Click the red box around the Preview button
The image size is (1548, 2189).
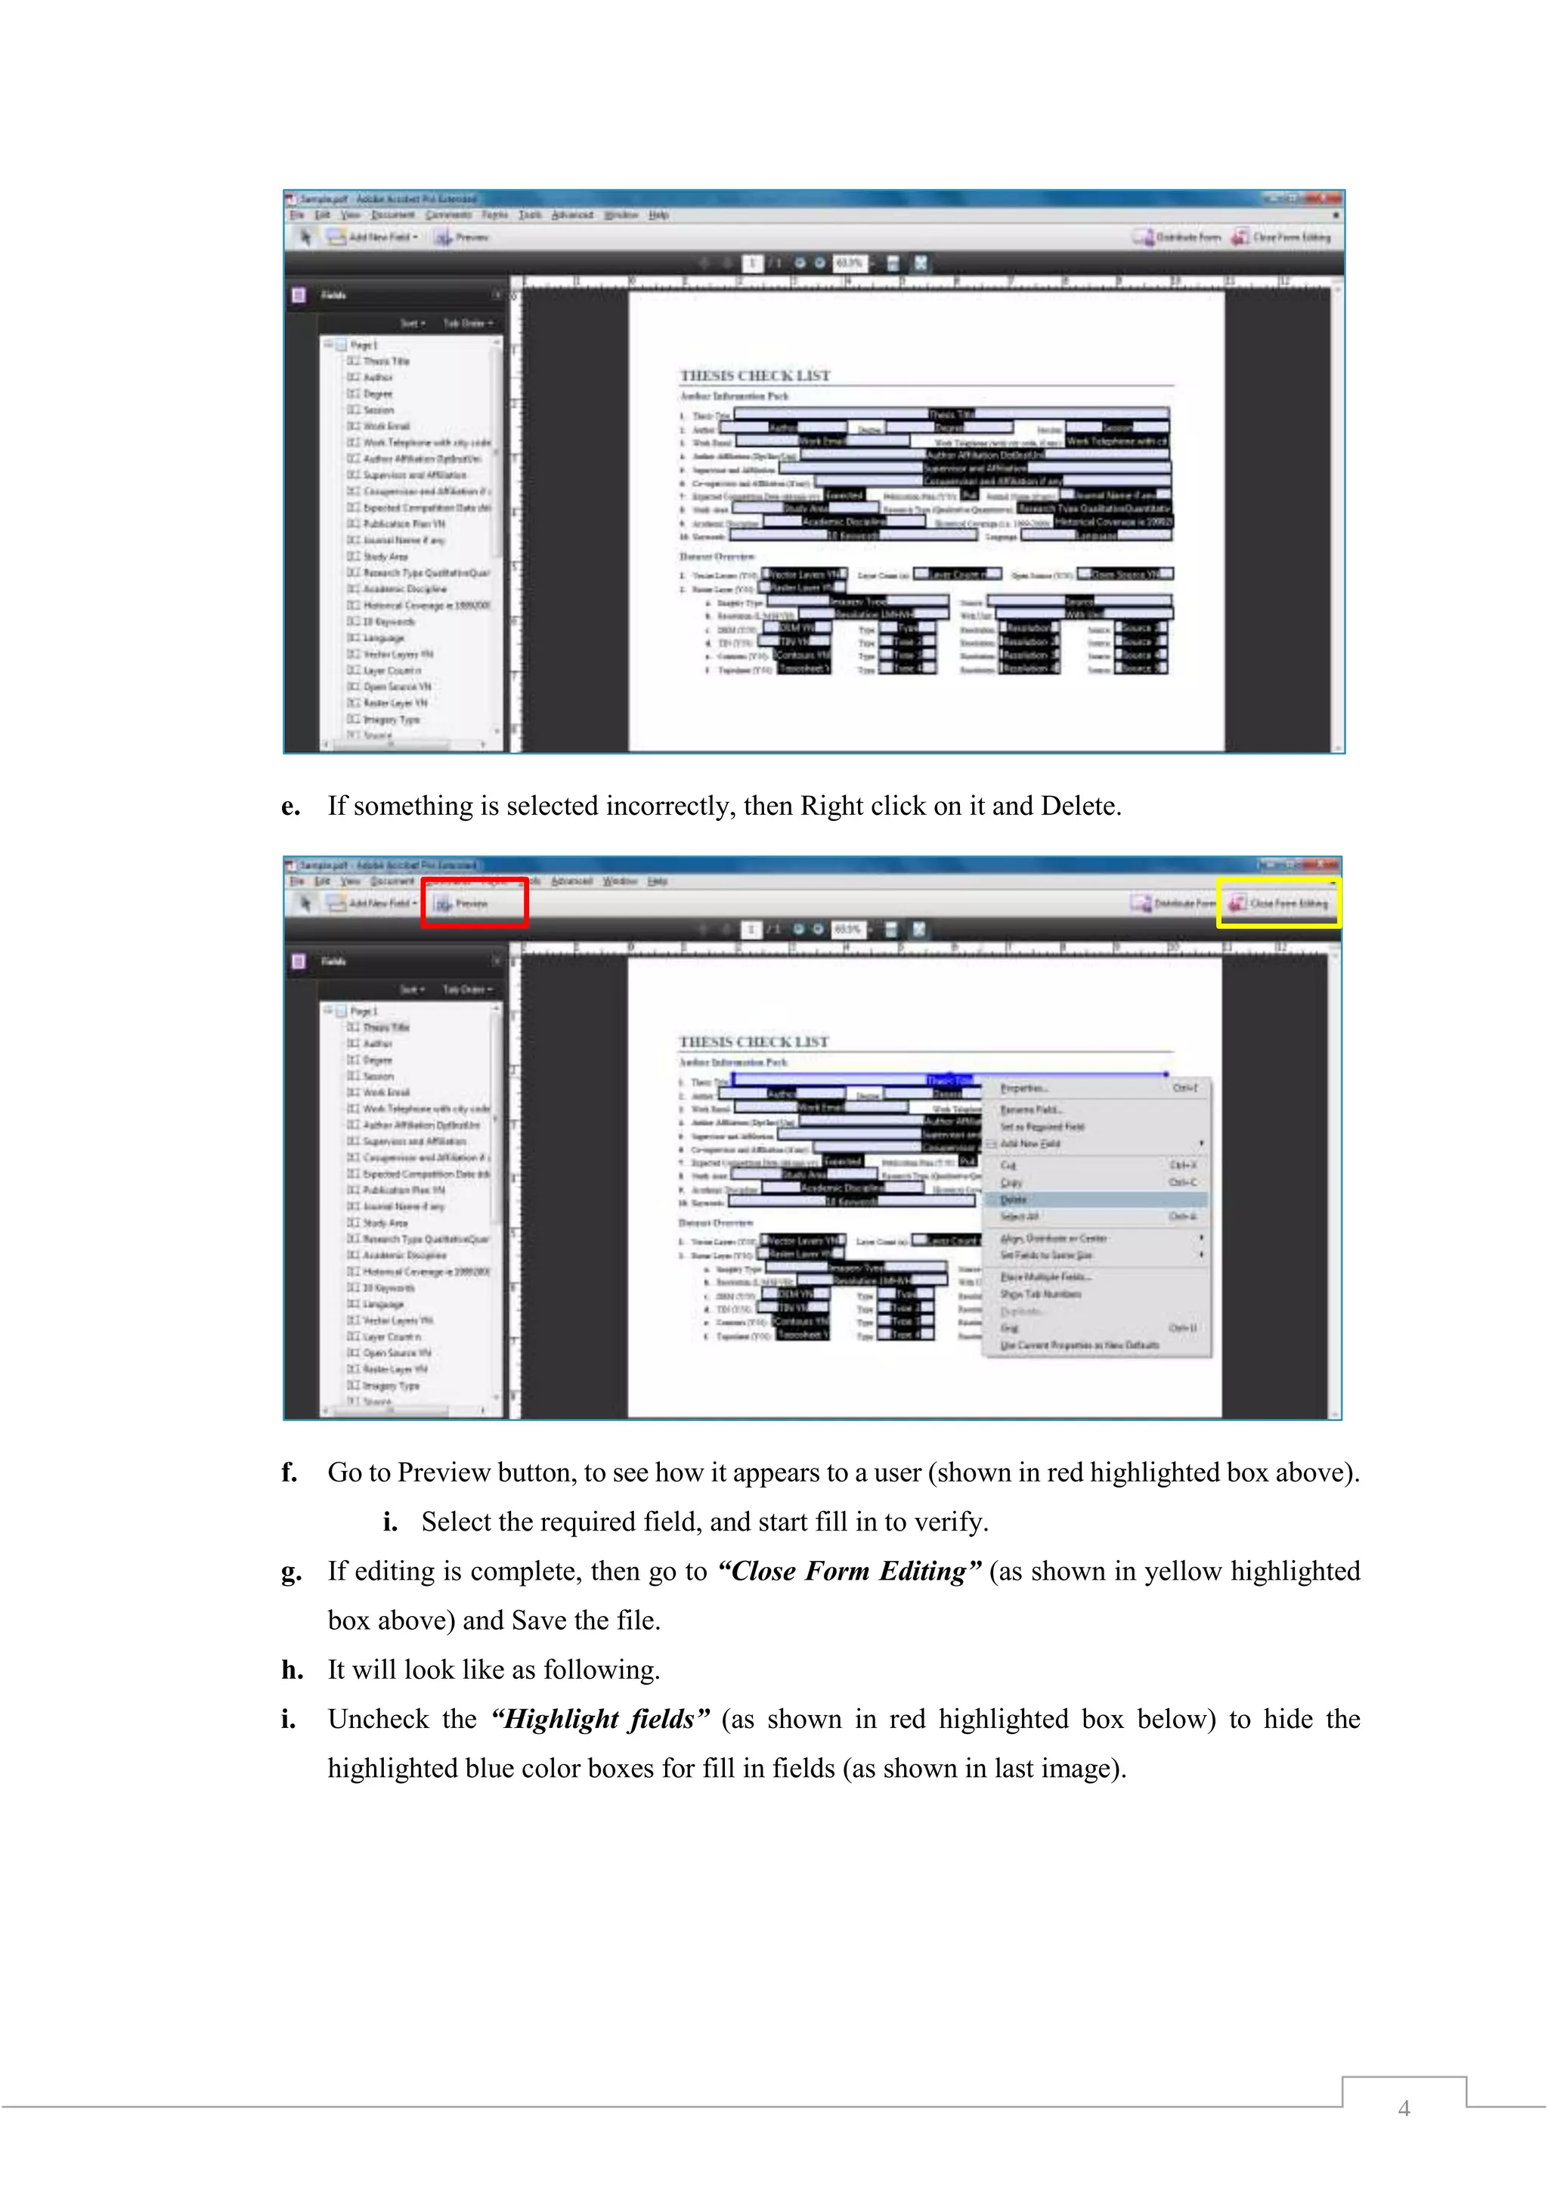[x=475, y=902]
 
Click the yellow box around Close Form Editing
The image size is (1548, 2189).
[x=1278, y=902]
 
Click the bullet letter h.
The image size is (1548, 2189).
[x=291, y=1670]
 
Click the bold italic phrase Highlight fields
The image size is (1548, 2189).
[x=599, y=1719]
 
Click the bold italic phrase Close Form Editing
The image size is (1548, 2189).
[x=848, y=1571]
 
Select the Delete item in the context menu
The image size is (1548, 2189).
[x=1014, y=1200]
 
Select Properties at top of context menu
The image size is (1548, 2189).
[x=1023, y=1088]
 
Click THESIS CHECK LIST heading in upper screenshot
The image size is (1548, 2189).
[x=754, y=376]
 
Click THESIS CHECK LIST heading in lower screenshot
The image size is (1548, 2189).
[x=753, y=1042]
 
